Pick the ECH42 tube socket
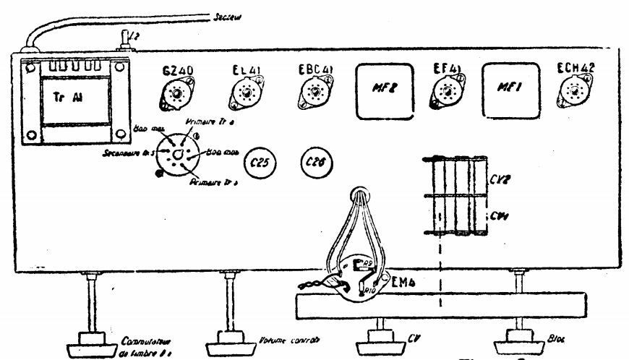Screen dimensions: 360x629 tap(575, 92)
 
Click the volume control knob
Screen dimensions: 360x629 tap(229, 338)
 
